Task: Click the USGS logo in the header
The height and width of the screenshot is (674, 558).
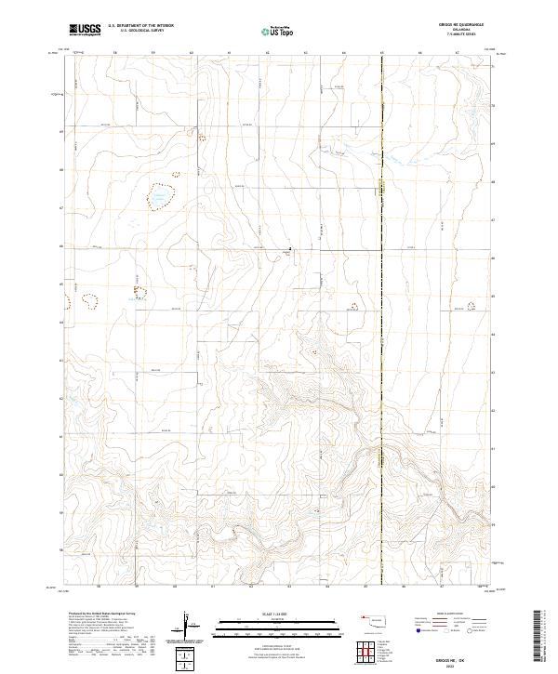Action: tap(85, 30)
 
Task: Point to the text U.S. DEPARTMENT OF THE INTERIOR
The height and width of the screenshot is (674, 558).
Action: tap(141, 26)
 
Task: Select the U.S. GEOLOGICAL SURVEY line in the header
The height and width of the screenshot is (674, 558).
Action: tap(141, 31)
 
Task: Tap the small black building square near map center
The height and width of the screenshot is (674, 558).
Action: tap(290, 248)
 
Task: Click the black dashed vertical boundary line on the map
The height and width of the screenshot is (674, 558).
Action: tap(381, 372)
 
